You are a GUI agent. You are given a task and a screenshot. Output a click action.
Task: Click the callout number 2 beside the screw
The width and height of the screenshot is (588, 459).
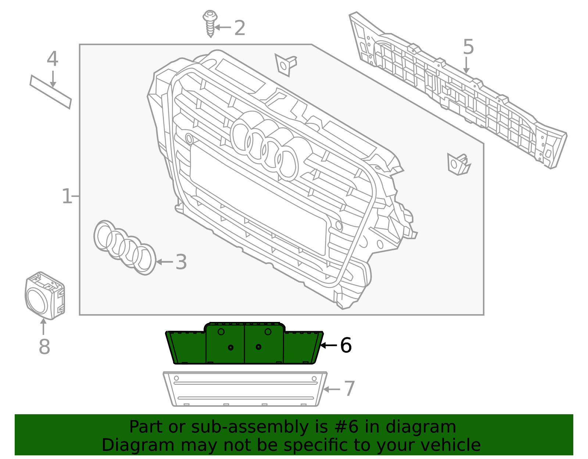240,28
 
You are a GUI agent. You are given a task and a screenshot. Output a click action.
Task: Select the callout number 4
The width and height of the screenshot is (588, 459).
52,59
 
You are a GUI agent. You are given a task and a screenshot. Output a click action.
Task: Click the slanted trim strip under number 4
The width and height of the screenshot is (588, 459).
51,92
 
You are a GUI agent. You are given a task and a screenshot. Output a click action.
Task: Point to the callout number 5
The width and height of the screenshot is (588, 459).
468,47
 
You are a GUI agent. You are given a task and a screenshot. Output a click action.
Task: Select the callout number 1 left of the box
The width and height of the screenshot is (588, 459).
67,196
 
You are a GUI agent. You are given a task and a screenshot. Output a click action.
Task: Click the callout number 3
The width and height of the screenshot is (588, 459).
181,262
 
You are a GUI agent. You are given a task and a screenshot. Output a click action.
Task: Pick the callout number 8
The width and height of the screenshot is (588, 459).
44,347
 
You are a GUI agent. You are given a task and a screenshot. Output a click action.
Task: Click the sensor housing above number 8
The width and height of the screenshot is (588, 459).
45,295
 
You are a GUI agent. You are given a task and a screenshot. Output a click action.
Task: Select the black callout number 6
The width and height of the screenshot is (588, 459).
345,345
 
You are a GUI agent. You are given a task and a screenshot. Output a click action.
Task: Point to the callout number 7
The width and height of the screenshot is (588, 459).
349,389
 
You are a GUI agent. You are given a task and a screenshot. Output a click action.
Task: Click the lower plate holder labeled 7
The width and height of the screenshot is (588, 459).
244,390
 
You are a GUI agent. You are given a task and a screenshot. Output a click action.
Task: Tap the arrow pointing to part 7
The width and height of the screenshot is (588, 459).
331,389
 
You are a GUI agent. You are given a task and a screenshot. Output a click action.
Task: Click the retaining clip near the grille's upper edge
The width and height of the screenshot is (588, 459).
285,65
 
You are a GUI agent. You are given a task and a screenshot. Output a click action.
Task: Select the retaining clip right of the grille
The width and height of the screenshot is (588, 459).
458,164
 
